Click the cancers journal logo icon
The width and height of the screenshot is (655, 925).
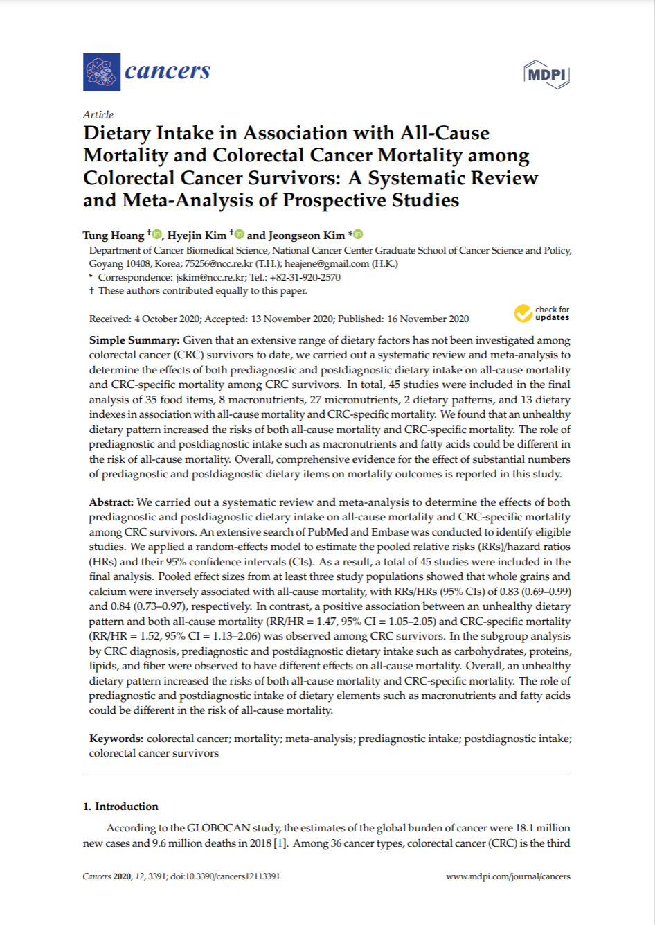(102, 72)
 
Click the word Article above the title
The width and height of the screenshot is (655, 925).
(98, 115)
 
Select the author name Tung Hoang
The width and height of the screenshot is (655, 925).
(114, 236)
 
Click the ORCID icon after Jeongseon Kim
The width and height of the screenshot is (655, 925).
(358, 235)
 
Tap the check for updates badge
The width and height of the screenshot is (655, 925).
(541, 314)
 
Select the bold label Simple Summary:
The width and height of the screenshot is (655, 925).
(134, 340)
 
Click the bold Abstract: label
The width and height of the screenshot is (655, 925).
(111, 502)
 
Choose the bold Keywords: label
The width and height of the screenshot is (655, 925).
(116, 739)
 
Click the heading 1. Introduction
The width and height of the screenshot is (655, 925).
(120, 807)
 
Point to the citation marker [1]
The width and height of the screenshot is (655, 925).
(280, 843)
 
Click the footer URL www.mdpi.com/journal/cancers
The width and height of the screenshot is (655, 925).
(508, 876)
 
